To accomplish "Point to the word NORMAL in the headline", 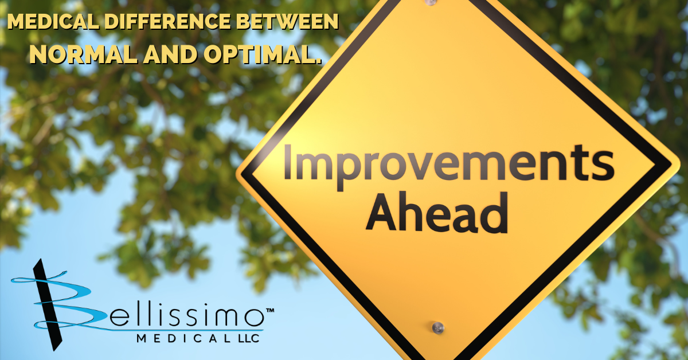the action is pyautogui.click(x=83, y=54).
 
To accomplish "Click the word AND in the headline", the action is pyautogui.click(x=170, y=54).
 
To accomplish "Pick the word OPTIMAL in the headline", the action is pyautogui.click(x=259, y=54).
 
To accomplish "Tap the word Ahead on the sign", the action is pyautogui.click(x=437, y=213).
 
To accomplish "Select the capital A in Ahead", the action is pyautogui.click(x=382, y=213).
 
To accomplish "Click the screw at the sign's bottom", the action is pyautogui.click(x=437, y=327).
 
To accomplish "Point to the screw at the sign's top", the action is pyautogui.click(x=431, y=2).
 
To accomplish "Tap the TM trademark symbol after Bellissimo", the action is pyautogui.click(x=269, y=311).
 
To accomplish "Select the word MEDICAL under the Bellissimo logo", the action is pyautogui.click(x=183, y=338).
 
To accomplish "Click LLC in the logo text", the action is pyautogui.click(x=248, y=338).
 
